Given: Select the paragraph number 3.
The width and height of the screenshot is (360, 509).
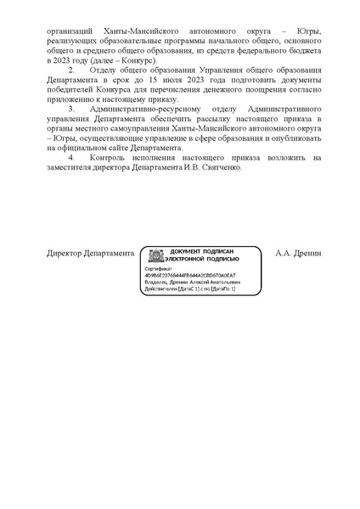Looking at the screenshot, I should [71, 110].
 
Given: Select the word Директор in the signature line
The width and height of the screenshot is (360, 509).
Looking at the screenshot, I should [66, 253].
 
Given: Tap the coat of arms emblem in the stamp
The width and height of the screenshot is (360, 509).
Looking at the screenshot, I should [155, 256].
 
